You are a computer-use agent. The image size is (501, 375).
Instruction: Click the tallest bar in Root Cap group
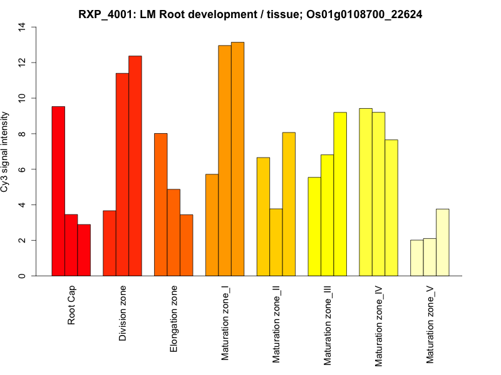58,191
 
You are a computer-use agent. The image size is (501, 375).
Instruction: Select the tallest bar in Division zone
135,166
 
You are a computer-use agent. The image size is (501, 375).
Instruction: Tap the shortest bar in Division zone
110,243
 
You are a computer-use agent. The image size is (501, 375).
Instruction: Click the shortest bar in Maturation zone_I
212,225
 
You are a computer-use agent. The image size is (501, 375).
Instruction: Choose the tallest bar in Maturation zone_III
340,194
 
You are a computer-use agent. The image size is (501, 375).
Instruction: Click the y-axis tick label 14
23,27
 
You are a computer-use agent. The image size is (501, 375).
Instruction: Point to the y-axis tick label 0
23,276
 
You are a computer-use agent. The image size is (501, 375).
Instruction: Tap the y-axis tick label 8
23,134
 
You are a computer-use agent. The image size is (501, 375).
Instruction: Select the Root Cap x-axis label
72,306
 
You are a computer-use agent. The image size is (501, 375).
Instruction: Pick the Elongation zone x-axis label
174,319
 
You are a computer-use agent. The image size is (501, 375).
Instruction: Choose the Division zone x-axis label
123,314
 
